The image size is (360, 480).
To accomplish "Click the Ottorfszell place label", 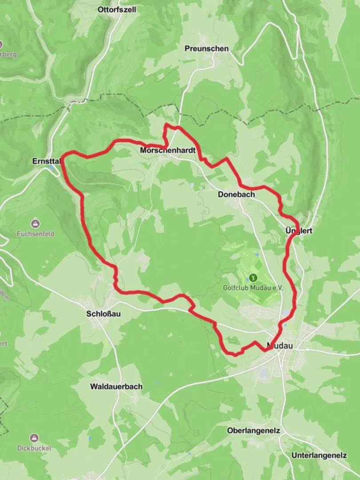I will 117,9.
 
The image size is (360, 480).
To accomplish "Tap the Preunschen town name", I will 207,48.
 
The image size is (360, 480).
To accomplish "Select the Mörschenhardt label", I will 168,151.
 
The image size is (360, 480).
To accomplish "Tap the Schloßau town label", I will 103,314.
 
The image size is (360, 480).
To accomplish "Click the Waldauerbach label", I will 116,387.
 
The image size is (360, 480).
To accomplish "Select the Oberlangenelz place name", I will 253,431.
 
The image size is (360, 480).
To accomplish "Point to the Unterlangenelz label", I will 319,456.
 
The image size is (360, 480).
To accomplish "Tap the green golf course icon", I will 253,277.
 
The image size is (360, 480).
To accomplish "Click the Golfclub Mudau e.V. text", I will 253,288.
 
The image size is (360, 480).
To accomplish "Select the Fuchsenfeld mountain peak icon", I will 35,223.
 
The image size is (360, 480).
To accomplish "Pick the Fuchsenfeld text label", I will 36,233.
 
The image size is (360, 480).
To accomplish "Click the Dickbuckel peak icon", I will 34,438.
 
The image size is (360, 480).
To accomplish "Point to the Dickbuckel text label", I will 34,448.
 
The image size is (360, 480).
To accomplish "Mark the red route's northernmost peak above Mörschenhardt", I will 168,125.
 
